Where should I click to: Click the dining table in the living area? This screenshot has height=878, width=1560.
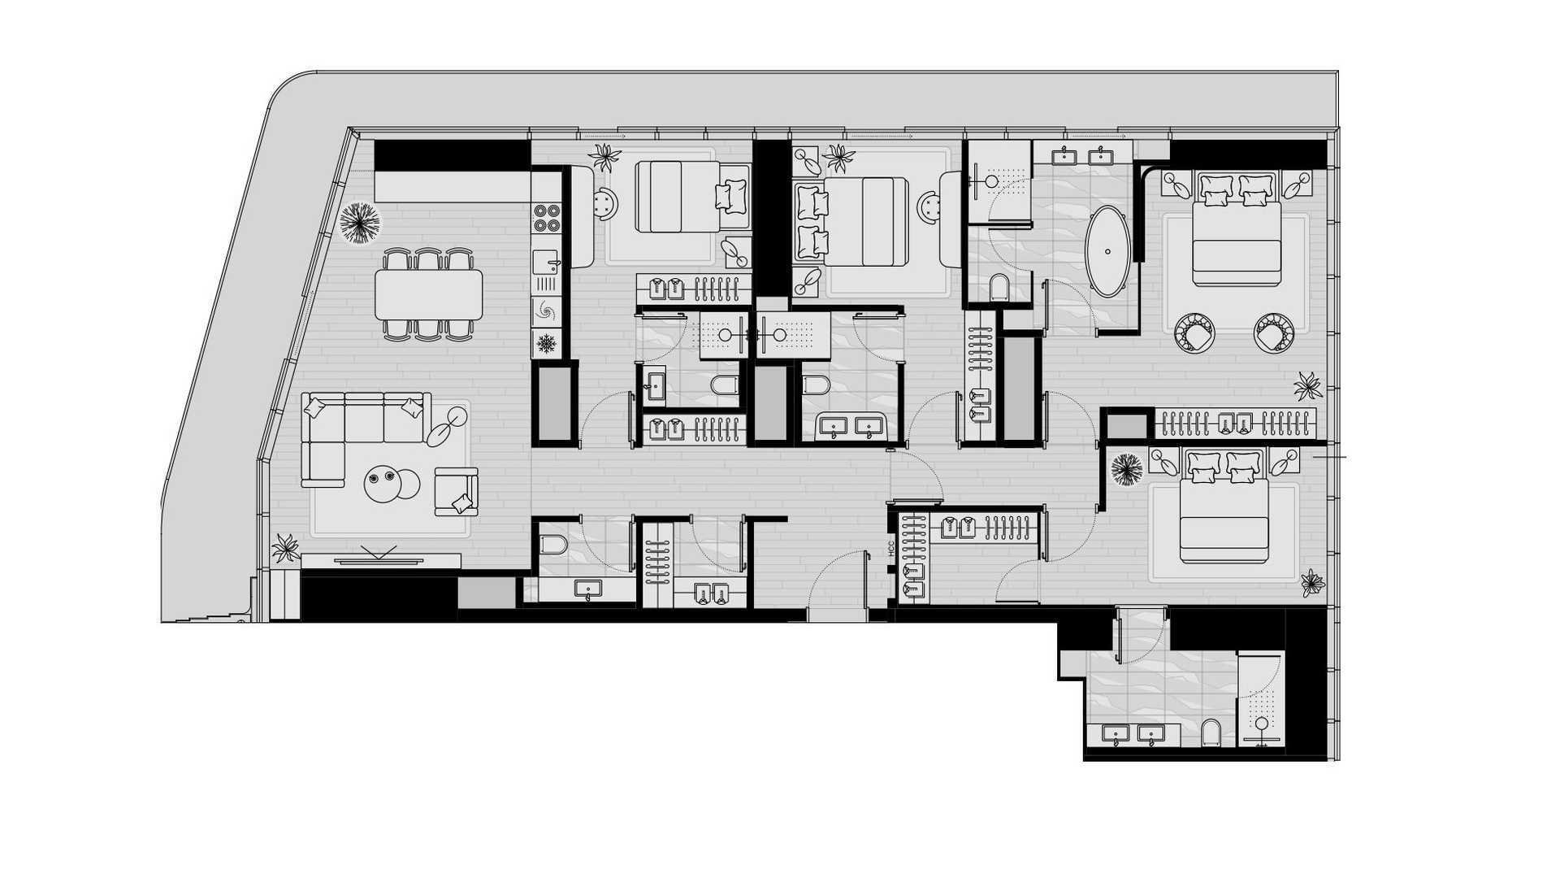(x=428, y=294)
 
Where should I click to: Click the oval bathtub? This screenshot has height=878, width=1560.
(x=1107, y=252)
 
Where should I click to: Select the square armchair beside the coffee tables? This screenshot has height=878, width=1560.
(x=456, y=491)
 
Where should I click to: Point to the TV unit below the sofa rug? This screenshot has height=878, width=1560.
(x=380, y=560)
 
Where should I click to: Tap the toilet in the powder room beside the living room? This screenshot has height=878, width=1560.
(x=552, y=543)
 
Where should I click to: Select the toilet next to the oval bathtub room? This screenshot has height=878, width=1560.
(x=999, y=288)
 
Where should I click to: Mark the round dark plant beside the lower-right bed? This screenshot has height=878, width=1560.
(x=1126, y=470)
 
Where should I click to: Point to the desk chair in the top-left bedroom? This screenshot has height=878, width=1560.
(x=605, y=203)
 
